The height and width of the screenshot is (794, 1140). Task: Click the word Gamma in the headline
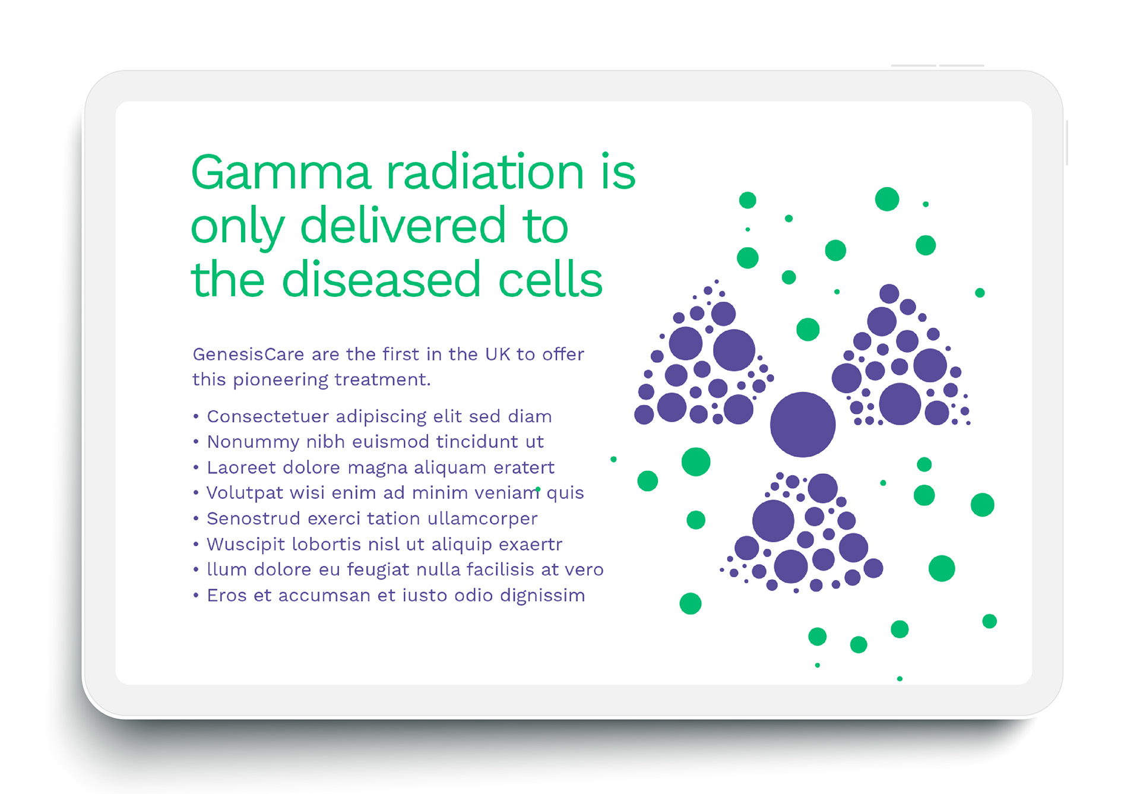coord(281,172)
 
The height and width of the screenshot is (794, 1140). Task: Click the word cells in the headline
coord(550,279)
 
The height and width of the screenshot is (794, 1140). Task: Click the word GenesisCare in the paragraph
coord(248,355)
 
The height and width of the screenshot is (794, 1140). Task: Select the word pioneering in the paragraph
coord(280,380)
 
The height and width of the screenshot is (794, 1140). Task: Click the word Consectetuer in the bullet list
coord(268,417)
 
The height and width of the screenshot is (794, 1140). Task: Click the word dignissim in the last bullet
coord(543,596)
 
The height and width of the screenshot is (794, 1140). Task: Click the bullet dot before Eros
coord(196,595)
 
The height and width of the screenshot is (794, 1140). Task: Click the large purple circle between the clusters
coord(803,425)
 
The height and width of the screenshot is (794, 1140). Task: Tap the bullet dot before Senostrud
coord(196,518)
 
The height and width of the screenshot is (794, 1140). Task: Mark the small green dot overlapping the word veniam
coord(538,489)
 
